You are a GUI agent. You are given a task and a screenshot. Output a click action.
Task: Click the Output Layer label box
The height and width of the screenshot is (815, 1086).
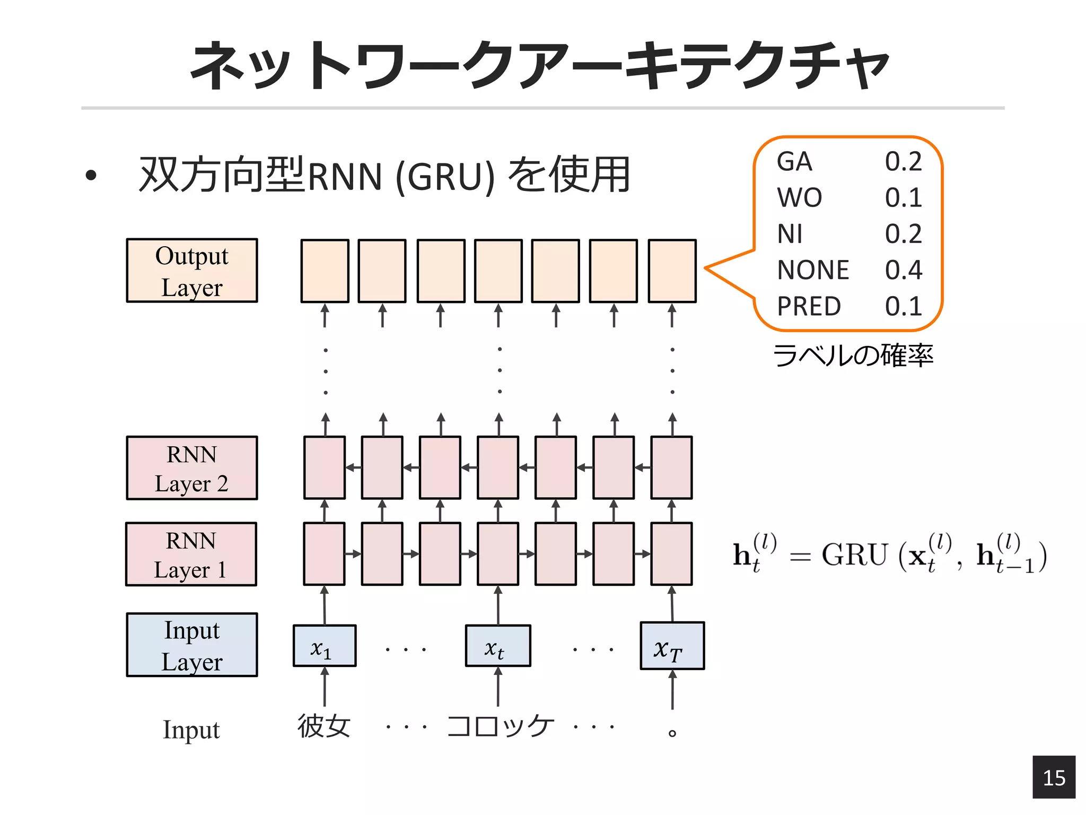tap(192, 271)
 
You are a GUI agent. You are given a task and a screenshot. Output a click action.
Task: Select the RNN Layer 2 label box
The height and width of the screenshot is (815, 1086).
tap(192, 468)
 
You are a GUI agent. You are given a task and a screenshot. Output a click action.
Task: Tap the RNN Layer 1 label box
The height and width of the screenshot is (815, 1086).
tap(191, 554)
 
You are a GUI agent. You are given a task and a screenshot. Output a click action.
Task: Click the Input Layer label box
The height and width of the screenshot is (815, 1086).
tap(192, 645)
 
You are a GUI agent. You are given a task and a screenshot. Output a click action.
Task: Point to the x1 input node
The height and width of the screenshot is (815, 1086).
tap(325, 646)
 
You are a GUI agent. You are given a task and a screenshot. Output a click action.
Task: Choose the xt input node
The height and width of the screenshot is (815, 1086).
tap(497, 646)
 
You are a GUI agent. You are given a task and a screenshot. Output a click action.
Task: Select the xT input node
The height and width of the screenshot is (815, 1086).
tap(672, 646)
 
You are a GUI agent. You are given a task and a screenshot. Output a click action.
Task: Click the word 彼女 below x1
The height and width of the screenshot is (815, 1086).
tap(324, 726)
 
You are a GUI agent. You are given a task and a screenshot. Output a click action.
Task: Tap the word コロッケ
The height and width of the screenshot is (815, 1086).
tap(500, 726)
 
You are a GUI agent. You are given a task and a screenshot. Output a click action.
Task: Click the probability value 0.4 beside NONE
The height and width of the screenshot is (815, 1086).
tap(904, 270)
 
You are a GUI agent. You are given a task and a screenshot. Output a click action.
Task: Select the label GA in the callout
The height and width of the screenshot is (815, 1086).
tap(794, 161)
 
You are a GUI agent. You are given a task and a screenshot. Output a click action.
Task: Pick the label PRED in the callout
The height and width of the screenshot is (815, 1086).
tap(809, 306)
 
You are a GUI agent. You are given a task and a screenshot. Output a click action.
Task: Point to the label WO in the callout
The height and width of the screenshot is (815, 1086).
tap(800, 197)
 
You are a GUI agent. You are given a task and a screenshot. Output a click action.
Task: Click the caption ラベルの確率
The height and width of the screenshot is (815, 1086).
tap(853, 356)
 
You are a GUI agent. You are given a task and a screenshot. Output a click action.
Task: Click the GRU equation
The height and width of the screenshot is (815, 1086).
tap(889, 554)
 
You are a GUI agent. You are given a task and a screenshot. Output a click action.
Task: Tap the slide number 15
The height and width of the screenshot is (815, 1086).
tap(1054, 777)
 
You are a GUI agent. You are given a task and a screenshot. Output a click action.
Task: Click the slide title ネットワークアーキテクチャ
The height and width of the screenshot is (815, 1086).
tap(540, 65)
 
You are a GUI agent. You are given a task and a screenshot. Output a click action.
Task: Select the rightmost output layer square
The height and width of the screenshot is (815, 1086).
tap(672, 271)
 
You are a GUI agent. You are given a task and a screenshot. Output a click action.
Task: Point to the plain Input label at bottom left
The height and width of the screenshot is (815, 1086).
tap(191, 730)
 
